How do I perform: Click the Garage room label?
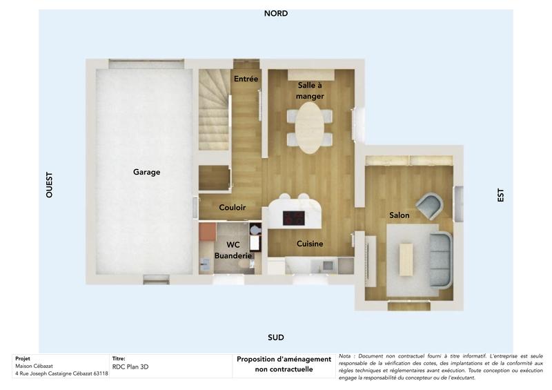[x=146, y=172]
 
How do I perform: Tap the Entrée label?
[x=246, y=79]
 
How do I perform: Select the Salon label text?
[x=399, y=215]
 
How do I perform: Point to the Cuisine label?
[x=310, y=244]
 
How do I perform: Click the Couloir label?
[x=233, y=207]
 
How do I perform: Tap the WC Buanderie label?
[x=233, y=250]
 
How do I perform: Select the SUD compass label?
[x=276, y=338]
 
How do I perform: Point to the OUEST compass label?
[x=49, y=185]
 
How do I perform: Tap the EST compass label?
[x=501, y=195]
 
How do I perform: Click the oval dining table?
[x=310, y=128]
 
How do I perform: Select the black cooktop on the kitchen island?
[x=294, y=217]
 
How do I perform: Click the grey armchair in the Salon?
[x=432, y=206]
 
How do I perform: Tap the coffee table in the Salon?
[x=406, y=260]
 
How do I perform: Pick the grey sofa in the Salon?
[x=440, y=260]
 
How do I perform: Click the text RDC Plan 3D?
[x=130, y=367]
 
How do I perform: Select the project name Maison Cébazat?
[x=34, y=366]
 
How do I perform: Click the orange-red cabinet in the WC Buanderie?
[x=207, y=232]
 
